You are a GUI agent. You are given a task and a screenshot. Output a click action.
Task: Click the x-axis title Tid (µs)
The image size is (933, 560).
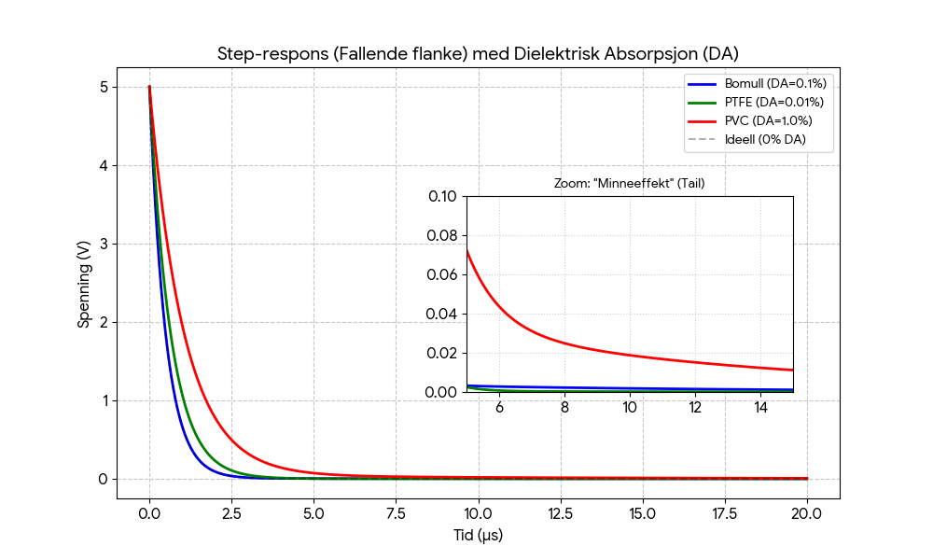click(x=478, y=536)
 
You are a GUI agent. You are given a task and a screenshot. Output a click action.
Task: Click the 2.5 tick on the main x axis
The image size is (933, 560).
click(x=231, y=513)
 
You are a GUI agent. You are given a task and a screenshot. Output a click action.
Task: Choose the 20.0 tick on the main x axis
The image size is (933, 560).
click(x=806, y=513)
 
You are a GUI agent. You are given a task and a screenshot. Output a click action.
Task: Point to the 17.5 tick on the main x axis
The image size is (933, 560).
click(x=724, y=513)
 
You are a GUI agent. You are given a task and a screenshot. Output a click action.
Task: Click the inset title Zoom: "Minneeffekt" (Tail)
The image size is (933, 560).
click(x=629, y=184)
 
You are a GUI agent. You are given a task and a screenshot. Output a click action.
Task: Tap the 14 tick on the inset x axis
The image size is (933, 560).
click(x=760, y=408)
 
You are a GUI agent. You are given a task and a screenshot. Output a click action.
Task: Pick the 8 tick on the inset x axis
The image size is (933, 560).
click(x=564, y=408)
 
